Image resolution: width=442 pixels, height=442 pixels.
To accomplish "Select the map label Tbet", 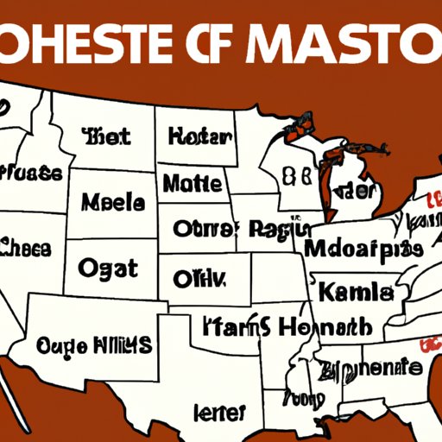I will click(106, 136).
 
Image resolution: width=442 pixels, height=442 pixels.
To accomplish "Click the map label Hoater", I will click(200, 136).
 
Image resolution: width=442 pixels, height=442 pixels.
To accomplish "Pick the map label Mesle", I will click(113, 202).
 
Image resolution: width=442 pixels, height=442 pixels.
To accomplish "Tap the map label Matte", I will click(192, 183).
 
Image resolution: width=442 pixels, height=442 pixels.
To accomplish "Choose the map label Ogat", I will click(108, 268).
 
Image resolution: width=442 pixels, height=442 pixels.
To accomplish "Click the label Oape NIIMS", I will click(95, 345).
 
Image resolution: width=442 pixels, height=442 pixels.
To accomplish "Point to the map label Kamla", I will click(356, 293).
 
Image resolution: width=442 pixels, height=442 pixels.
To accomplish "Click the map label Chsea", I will click(26, 248).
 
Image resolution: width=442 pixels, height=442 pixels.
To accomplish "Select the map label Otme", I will click(203, 229).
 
